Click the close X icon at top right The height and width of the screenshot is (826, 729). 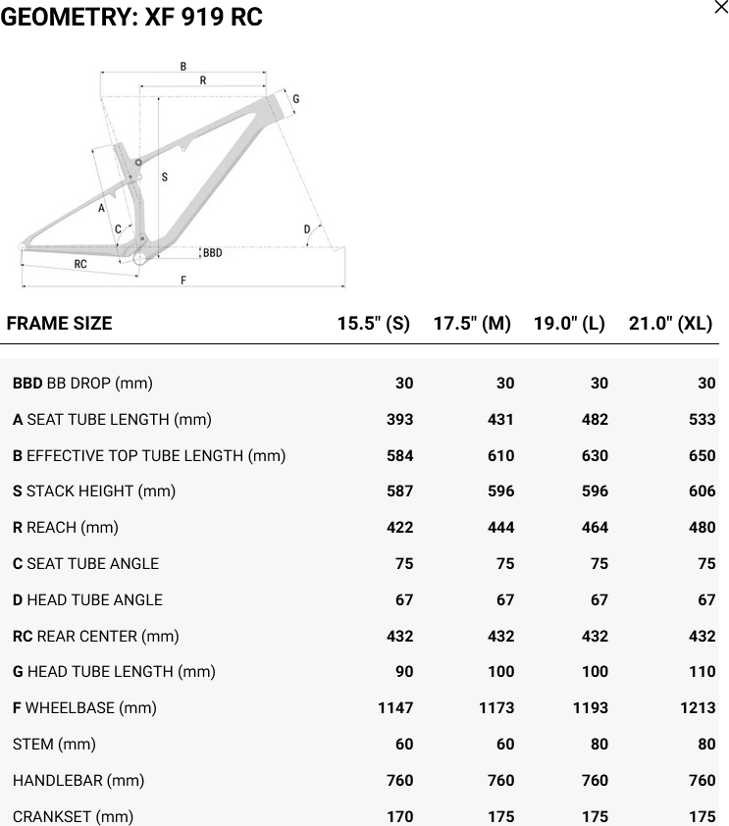pyautogui.click(x=721, y=8)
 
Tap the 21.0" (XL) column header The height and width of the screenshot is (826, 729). pyautogui.click(x=670, y=323)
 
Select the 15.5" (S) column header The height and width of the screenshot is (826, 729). pyautogui.click(x=374, y=323)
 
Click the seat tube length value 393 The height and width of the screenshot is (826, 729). pyautogui.click(x=399, y=419)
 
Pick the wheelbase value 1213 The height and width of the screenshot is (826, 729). pyautogui.click(x=698, y=707)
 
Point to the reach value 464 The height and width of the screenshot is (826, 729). pyautogui.click(x=595, y=528)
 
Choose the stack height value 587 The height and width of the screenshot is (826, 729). pyautogui.click(x=399, y=490)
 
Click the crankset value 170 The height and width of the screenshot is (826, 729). pyautogui.click(x=399, y=816)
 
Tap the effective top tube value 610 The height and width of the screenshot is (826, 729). pyautogui.click(x=500, y=455)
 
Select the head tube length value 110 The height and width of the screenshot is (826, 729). pyautogui.click(x=703, y=672)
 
